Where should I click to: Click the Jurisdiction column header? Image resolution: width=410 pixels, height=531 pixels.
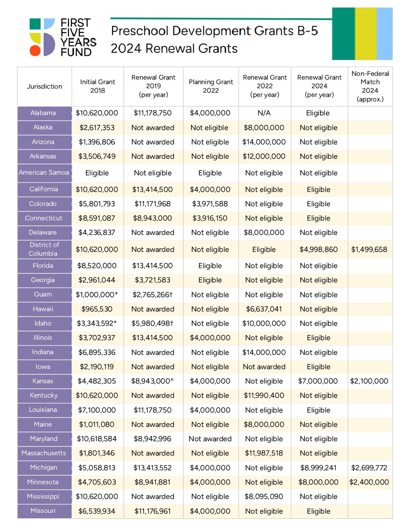(x=44, y=86)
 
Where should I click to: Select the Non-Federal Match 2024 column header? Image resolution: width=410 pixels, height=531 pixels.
(x=370, y=86)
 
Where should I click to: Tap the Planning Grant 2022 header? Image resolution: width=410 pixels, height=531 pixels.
(x=211, y=86)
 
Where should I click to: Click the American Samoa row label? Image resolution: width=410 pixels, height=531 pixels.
(x=44, y=172)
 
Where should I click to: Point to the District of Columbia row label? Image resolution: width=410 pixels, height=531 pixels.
(x=44, y=249)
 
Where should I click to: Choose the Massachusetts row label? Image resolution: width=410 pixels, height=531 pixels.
(x=44, y=453)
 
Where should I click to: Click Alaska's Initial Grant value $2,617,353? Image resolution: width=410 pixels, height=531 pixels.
(x=97, y=127)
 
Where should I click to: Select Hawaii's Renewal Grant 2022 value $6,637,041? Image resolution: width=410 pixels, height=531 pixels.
(x=264, y=309)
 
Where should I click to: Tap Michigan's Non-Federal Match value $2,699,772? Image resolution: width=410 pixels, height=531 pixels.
(x=369, y=468)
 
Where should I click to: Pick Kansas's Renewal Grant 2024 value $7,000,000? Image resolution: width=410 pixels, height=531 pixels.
(x=318, y=381)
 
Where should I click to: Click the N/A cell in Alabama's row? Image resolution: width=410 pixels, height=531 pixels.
(x=264, y=113)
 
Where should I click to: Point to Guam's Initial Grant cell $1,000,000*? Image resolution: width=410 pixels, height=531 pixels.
(x=97, y=295)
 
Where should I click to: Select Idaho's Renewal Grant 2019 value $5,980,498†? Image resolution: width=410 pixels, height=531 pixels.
(x=152, y=323)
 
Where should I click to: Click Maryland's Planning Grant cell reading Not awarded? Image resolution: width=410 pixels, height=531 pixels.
(x=210, y=439)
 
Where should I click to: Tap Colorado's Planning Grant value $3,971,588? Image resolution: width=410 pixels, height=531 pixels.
(x=210, y=204)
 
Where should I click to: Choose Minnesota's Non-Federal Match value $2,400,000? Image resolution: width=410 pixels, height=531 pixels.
(x=369, y=482)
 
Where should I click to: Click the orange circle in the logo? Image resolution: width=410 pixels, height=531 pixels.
(x=35, y=51)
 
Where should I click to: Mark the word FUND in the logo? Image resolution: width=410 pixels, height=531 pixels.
(x=76, y=52)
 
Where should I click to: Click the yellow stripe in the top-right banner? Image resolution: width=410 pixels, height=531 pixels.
(x=366, y=34)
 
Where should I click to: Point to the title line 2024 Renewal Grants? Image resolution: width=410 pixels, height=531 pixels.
(x=174, y=48)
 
